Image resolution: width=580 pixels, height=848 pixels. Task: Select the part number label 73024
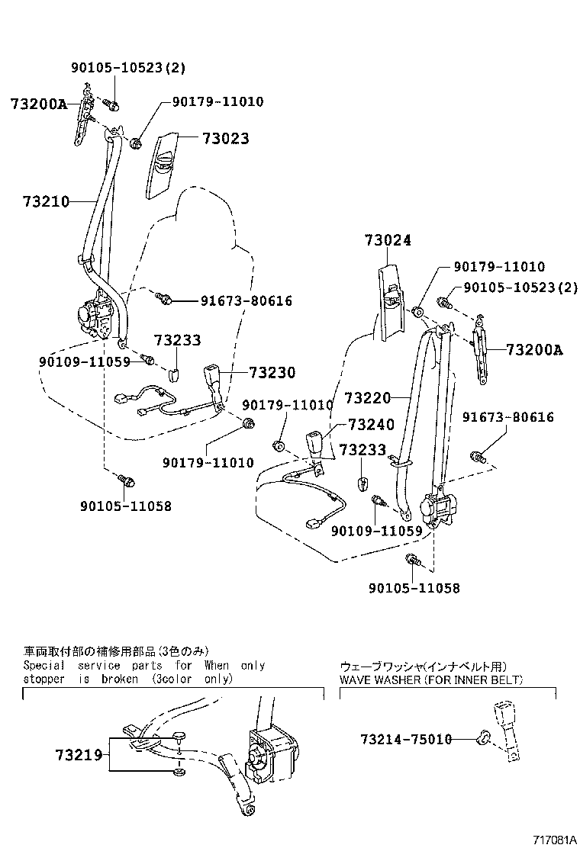pyautogui.click(x=388, y=240)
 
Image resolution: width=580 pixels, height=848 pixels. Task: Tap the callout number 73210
pyautogui.click(x=46, y=202)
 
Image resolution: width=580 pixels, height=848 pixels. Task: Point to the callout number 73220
pyautogui.click(x=367, y=398)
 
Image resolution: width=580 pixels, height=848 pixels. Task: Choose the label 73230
pyautogui.click(x=272, y=373)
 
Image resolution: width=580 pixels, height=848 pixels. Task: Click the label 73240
pyautogui.click(x=372, y=425)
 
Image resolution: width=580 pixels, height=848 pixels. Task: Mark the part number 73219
pyautogui.click(x=79, y=755)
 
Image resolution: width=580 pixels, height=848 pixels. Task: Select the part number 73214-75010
pyautogui.click(x=406, y=739)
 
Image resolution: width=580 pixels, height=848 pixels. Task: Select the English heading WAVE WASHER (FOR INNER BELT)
pyautogui.click(x=431, y=679)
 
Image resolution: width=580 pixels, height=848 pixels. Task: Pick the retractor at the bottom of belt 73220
pyautogui.click(x=438, y=509)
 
